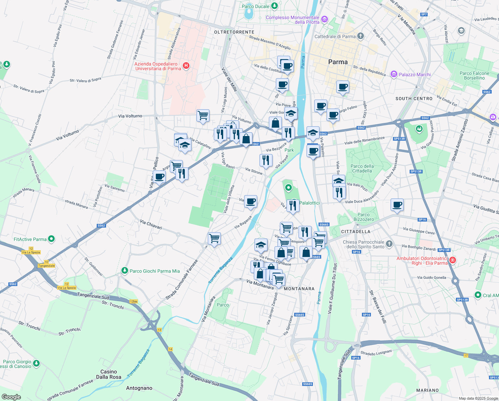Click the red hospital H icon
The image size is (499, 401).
click(186, 66)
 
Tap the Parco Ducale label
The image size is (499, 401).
click(255, 6)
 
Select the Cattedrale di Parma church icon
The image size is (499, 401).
click(360, 36)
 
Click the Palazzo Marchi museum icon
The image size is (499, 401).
click(394, 74)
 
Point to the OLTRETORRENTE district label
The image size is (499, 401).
click(234, 32)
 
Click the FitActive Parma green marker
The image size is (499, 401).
click(51, 239)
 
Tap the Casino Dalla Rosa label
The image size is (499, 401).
click(109, 374)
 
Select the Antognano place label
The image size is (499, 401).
click(139, 388)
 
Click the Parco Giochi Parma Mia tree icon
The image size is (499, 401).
click(124, 270)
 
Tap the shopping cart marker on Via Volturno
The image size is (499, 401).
click(203, 116)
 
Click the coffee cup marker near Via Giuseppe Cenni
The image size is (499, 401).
click(397, 205)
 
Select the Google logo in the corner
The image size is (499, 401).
click(11, 397)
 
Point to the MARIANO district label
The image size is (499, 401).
click(427, 390)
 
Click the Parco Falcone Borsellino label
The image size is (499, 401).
click(474, 76)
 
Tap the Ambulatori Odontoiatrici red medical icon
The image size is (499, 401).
click(452, 260)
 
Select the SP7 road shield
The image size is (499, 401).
click(424, 14)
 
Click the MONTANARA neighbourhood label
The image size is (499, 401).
click(299, 289)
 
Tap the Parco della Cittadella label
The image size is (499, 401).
click(362, 168)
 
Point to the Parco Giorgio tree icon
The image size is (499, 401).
click(36, 363)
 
